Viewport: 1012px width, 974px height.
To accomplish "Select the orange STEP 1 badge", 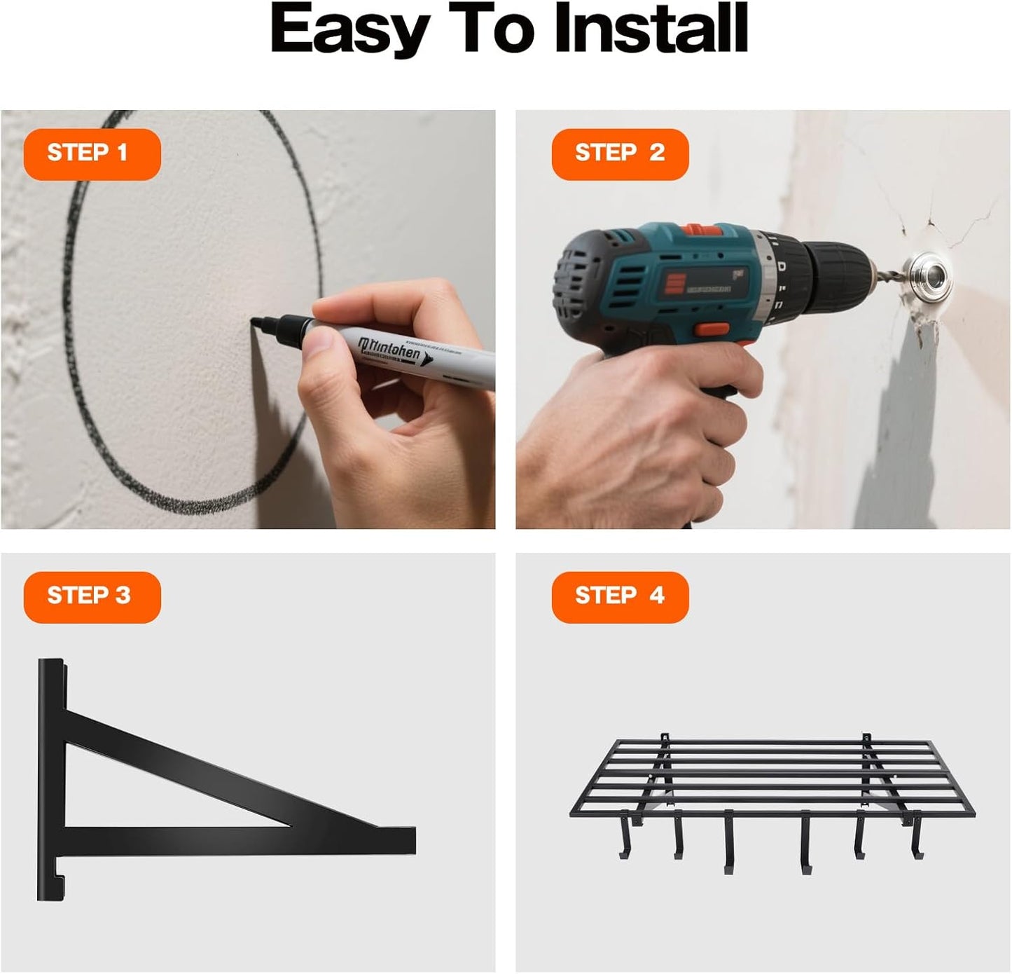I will coord(92,153).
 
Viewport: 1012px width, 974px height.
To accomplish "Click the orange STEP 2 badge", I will coord(620,153).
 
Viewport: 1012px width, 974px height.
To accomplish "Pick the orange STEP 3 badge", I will coord(92,596).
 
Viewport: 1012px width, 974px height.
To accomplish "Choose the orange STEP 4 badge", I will coord(620,596).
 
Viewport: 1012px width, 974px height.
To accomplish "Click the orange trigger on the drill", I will coord(710,331).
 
